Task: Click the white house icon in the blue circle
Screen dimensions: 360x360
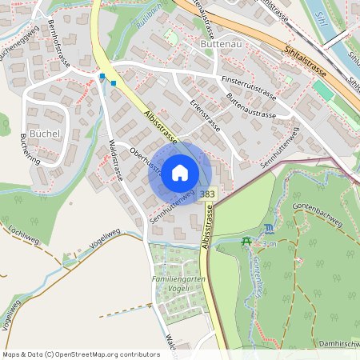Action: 180,173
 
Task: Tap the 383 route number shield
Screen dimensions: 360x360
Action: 208,194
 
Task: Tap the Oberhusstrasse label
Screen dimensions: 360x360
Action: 146,156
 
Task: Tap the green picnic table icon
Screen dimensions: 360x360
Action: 246,242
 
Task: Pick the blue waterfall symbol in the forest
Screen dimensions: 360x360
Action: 268,230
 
